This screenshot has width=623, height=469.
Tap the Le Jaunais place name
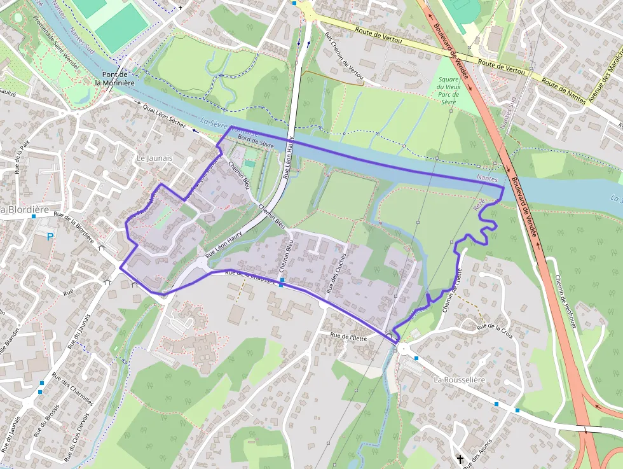[x=155, y=158]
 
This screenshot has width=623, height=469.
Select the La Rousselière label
[x=459, y=380]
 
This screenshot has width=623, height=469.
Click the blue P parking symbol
[x=50, y=237]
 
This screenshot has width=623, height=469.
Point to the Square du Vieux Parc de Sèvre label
[x=448, y=90]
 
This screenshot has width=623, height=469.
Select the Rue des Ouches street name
[x=336, y=273]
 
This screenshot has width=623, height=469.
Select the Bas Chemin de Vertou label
[x=344, y=59]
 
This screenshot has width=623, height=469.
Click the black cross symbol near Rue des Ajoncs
[x=460, y=458]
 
